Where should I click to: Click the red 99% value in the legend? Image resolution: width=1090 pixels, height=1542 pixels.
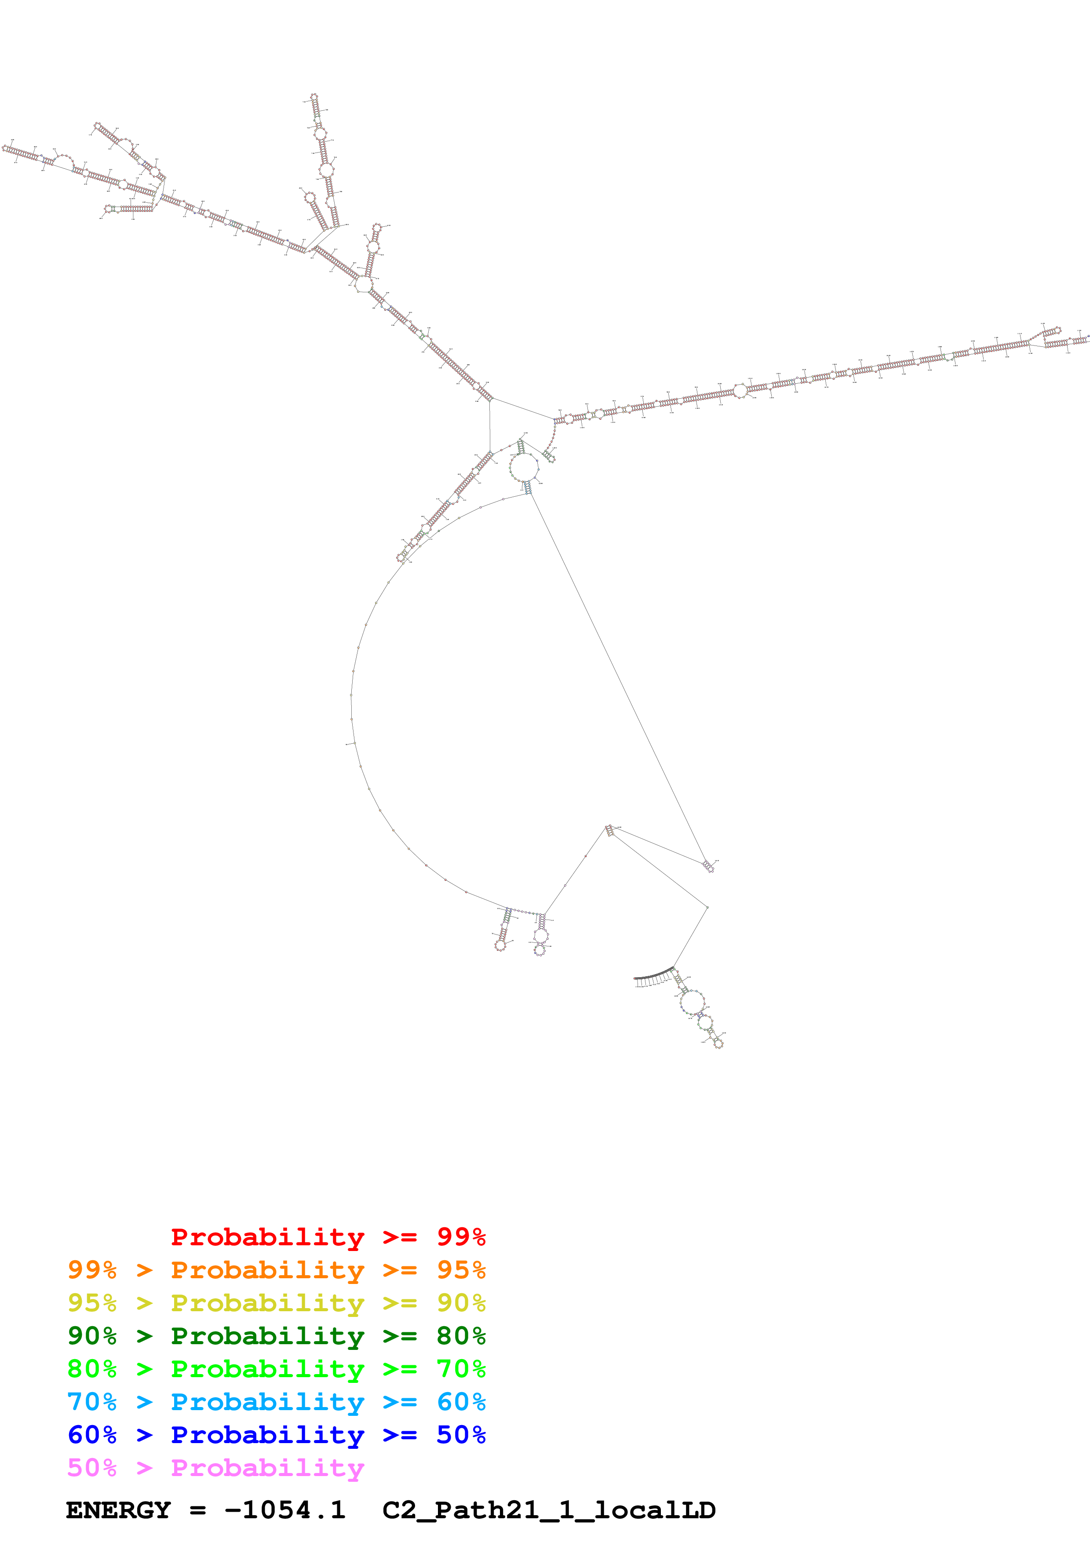[461, 1237]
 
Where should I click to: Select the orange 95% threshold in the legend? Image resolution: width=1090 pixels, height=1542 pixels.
[461, 1269]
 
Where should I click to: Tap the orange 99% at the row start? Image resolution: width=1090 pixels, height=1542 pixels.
[92, 1269]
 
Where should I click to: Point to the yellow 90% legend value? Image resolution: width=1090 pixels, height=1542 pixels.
[461, 1302]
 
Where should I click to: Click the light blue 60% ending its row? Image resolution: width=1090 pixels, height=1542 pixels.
[461, 1402]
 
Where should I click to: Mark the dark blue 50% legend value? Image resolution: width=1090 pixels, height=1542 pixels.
[461, 1435]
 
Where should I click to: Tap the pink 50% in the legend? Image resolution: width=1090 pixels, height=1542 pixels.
[92, 1467]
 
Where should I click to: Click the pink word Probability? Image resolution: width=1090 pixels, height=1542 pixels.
[267, 1467]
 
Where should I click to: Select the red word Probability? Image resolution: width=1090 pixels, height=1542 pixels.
[267, 1237]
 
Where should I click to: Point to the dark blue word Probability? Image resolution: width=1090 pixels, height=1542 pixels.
[267, 1435]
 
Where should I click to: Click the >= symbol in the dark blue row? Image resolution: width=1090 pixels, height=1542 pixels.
[400, 1435]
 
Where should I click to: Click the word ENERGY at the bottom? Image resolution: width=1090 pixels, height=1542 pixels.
[118, 1510]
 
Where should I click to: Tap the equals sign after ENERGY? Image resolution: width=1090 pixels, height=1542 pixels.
[197, 1510]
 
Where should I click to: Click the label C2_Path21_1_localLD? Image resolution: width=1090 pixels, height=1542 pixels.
[549, 1510]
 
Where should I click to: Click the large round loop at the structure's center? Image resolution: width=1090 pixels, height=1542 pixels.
[524, 467]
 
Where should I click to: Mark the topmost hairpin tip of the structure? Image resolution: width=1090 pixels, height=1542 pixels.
[314, 98]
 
